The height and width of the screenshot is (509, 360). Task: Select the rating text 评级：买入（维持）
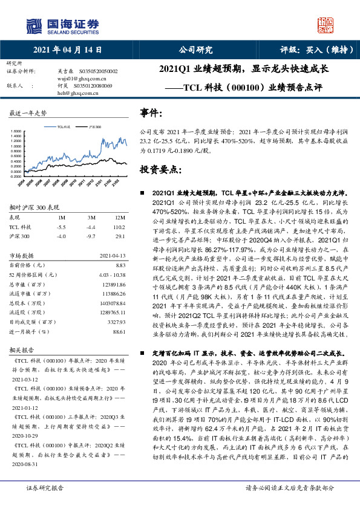316,50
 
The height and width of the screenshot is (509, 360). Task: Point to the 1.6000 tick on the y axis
16,131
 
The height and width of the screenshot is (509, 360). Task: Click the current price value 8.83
120,282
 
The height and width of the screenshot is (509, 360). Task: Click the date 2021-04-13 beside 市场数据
111,272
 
